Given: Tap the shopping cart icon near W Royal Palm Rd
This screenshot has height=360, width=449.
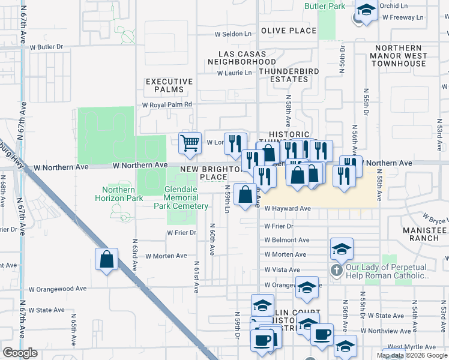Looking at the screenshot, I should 190,143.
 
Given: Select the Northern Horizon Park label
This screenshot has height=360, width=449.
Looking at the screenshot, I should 115,194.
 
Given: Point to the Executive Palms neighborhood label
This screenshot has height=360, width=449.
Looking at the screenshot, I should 169,85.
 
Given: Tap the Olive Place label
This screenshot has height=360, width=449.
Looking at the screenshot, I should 288,31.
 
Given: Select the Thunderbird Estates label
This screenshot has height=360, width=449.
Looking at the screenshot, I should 283,74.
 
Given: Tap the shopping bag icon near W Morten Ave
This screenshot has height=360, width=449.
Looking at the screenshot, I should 106,259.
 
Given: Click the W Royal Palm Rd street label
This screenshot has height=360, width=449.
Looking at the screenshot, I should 167,104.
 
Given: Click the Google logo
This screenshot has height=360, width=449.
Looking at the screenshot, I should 19,353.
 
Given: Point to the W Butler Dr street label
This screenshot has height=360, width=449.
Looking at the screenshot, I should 46,46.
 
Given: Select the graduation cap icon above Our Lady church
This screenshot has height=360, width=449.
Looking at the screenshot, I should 342,248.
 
